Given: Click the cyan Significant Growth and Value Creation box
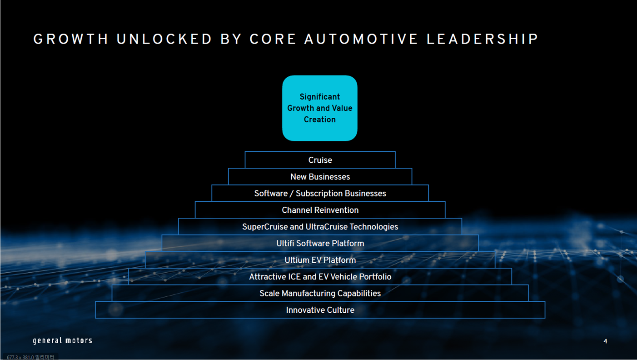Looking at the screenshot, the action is pos(319,108).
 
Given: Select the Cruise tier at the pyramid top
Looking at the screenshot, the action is pos(320,160).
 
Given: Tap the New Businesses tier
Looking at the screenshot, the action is pos(320,177).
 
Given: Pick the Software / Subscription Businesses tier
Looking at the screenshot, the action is pos(320,194).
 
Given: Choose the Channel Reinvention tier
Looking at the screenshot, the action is pos(320,210).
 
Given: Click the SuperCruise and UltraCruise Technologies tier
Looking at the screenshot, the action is pos(320,227).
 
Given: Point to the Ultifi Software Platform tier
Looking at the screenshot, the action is pos(320,244).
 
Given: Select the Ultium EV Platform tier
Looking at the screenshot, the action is pos(320,260).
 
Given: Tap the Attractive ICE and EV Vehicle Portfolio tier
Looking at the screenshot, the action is pos(320,277).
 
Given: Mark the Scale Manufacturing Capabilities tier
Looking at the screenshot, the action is pos(320,294).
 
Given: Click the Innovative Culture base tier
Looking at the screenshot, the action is pos(320,310).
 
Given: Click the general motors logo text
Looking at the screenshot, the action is pos(63,340).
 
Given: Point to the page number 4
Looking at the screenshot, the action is pos(605,341).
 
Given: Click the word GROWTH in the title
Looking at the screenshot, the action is pos(71,40).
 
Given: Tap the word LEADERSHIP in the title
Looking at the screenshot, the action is pos(482,40).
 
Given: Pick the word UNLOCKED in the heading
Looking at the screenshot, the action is pos(164,40).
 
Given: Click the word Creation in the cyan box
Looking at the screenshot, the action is pos(319,120).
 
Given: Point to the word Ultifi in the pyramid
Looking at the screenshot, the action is pos(286,244).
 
